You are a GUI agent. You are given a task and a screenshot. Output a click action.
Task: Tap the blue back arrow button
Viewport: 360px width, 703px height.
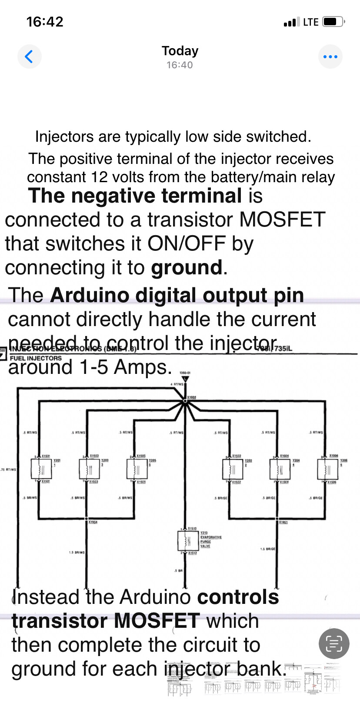pos(29,57)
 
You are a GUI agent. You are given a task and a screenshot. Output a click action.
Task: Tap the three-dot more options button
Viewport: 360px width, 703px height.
pos(330,57)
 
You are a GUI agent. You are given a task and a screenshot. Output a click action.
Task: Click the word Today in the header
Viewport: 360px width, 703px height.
pos(180,51)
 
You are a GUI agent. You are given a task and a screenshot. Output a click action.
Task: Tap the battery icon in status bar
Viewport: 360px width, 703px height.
pos(333,22)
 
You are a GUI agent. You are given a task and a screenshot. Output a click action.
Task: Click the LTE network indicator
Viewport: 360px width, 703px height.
pos(310,22)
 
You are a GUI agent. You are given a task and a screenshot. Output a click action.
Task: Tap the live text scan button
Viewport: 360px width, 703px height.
pos(333,643)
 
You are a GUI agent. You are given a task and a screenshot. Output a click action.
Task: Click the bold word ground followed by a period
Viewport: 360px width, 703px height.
pos(187,268)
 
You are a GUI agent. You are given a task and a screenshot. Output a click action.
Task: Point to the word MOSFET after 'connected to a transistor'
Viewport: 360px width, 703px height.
pos(282,220)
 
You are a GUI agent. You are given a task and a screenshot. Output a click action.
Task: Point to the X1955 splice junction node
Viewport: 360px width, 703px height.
pos(185,402)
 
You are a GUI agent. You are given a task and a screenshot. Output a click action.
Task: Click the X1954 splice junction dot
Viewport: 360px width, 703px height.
pos(87,519)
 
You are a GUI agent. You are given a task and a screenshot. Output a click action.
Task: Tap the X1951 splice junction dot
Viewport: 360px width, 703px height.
pos(277,519)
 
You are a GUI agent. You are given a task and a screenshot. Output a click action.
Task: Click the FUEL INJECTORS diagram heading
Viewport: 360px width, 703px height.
pos(36,358)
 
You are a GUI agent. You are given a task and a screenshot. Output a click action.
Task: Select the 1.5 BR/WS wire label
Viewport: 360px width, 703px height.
pos(77,553)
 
